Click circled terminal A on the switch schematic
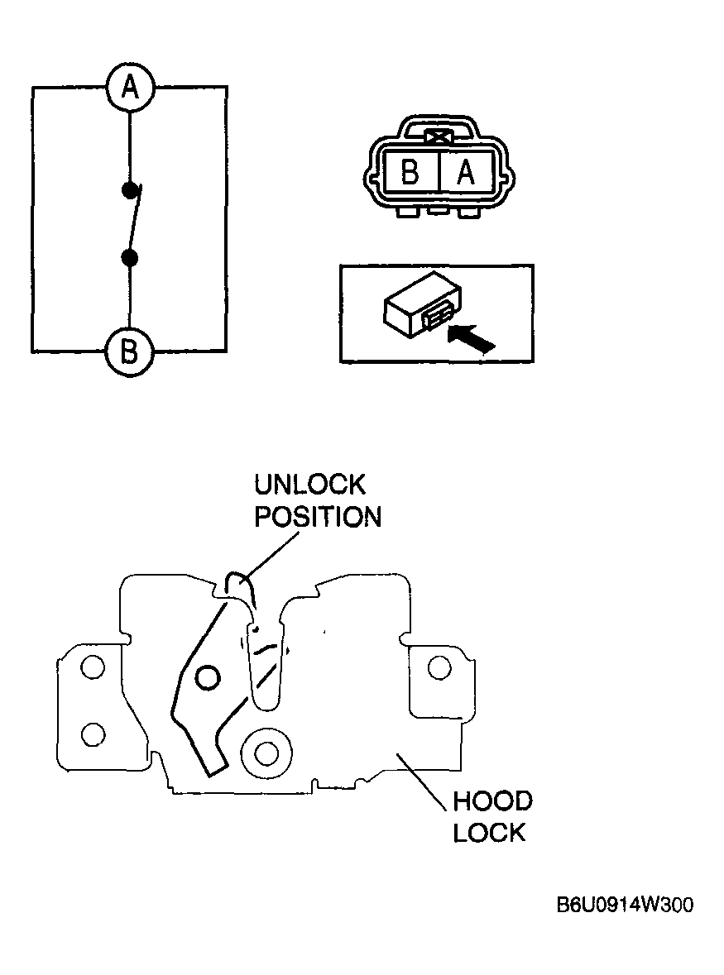pos(129,87)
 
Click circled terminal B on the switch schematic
pos(129,352)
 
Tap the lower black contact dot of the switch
pos(129,257)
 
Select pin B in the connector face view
pos(410,171)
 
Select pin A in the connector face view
pos(467,171)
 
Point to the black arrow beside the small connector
pos(472,340)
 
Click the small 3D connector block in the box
pos(422,305)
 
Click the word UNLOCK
pos(309,485)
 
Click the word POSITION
pos(318,518)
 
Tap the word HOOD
pos(492,801)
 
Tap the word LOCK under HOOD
pos(490,833)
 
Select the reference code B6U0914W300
pos(625,904)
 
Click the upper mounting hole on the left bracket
pos(93,668)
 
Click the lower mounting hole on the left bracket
pos(93,734)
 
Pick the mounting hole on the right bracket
pos(439,668)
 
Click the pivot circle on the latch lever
pos(207,677)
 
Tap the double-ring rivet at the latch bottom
pos(266,753)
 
